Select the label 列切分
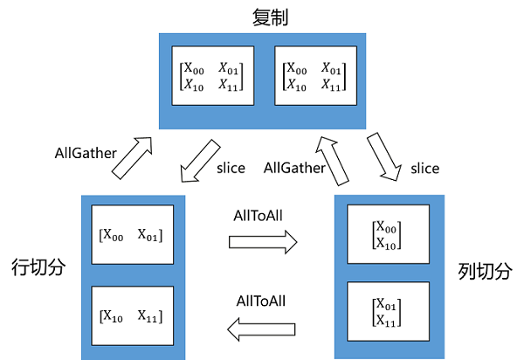[484, 271]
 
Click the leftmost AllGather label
[84, 153]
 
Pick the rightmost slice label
[424, 167]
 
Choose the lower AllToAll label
[263, 301]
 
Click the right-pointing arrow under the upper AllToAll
[263, 240]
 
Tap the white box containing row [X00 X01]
[132, 234]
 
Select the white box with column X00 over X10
[387, 233]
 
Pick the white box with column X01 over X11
[387, 312]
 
